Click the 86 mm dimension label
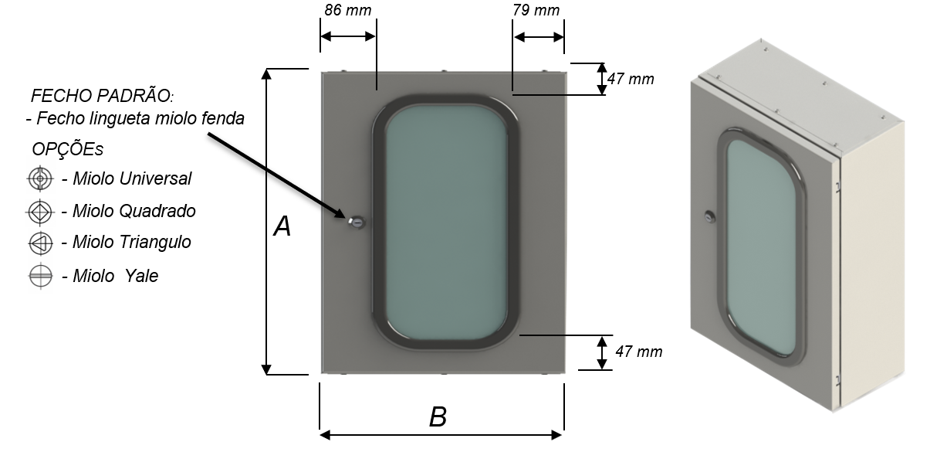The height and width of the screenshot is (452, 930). coord(348,10)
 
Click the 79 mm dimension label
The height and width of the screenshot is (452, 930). coord(536,10)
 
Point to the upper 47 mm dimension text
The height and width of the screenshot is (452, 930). coord(631,79)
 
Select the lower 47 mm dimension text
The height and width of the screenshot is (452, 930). coord(639,352)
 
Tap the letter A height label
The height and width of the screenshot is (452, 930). coord(282,226)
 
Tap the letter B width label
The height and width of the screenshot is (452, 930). coord(438,416)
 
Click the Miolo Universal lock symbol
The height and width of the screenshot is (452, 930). coord(40,178)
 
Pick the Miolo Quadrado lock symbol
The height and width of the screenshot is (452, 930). coord(40,212)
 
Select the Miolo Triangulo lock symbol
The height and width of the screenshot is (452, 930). coord(40,243)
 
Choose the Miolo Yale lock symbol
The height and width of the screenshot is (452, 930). coord(41,276)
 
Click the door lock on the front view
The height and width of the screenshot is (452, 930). coord(357,223)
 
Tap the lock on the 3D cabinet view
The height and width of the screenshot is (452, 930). coord(710,216)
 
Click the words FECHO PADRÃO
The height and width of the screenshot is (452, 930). coord(102,96)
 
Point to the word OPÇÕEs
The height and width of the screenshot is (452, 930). coord(68,149)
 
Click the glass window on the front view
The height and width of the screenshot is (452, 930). coord(445,223)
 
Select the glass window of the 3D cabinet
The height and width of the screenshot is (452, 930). coord(761,247)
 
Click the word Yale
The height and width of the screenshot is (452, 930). coord(141,276)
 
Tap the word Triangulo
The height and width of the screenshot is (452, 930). coord(155,242)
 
